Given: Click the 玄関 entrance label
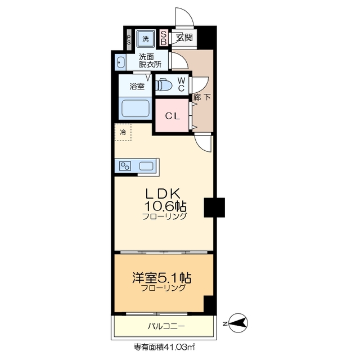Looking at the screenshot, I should point(184,38).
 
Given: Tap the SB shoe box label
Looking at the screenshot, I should point(164,38).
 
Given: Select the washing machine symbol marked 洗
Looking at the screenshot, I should point(146,39).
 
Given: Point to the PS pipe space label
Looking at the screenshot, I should point(128,40).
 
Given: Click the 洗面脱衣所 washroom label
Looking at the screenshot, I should point(150,60).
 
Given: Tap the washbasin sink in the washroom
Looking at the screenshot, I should point(121,62).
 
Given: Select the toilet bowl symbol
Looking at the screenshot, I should point(164,85).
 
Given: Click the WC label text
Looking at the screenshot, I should point(181,84).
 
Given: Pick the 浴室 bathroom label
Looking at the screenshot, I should point(137,87).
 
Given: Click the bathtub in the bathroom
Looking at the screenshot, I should point(136,107).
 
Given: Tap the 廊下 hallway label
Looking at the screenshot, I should point(202,97).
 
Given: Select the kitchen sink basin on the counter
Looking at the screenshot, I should point(146,166).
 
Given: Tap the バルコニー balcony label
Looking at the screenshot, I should point(166,326).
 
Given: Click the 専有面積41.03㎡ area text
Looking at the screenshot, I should point(164,347).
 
